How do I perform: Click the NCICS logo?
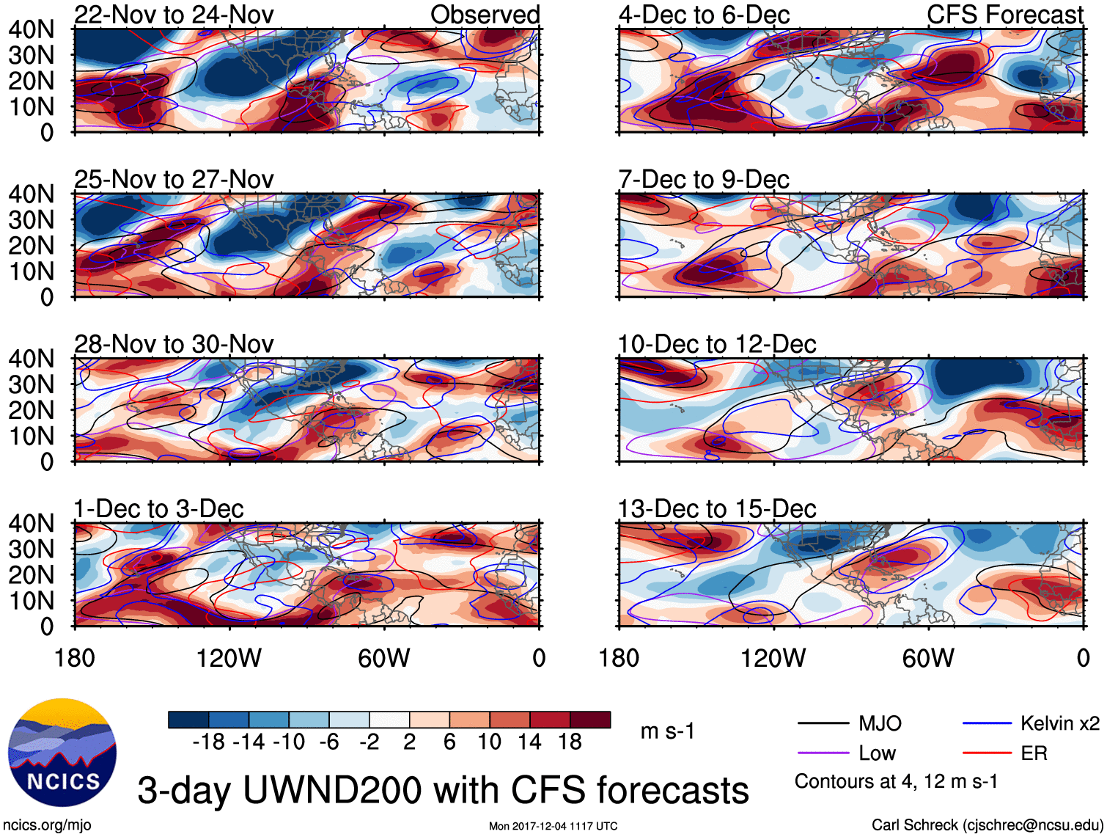pyautogui.click(x=62, y=753)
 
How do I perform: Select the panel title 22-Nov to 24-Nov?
pyautogui.click(x=174, y=15)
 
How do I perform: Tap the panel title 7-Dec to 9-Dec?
pyautogui.click(x=704, y=180)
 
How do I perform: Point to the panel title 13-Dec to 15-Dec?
pyautogui.click(x=717, y=509)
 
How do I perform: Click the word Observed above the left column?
pyautogui.click(x=485, y=15)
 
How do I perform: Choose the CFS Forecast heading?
pyautogui.click(x=1004, y=15)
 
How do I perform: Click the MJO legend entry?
pyautogui.click(x=880, y=724)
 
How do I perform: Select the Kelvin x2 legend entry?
pyautogui.click(x=1059, y=724)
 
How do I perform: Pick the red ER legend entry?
pyautogui.click(x=1034, y=753)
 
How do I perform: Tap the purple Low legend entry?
pyautogui.click(x=877, y=753)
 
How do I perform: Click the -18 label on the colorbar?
pyautogui.click(x=208, y=742)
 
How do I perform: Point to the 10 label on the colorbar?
pyautogui.click(x=490, y=742)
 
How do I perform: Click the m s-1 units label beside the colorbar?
pyautogui.click(x=667, y=731)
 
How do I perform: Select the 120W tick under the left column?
pyautogui.click(x=229, y=658)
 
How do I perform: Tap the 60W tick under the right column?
pyautogui.click(x=928, y=658)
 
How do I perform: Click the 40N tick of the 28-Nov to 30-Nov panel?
pyautogui.click(x=31, y=359)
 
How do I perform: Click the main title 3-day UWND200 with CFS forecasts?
pyautogui.click(x=443, y=791)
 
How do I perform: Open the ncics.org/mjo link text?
pyautogui.click(x=48, y=825)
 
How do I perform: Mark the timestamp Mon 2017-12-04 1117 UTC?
pyautogui.click(x=553, y=826)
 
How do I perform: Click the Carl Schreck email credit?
pyautogui.click(x=987, y=825)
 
